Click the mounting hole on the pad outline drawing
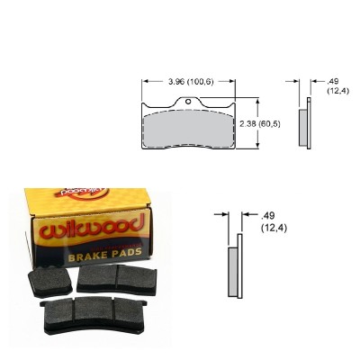pyautogui.click(x=188, y=101)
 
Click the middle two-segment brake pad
pyautogui.click(x=109, y=278)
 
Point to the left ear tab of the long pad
pyautogui.click(x=45, y=306)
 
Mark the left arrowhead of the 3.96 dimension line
pyautogui.click(x=143, y=84)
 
